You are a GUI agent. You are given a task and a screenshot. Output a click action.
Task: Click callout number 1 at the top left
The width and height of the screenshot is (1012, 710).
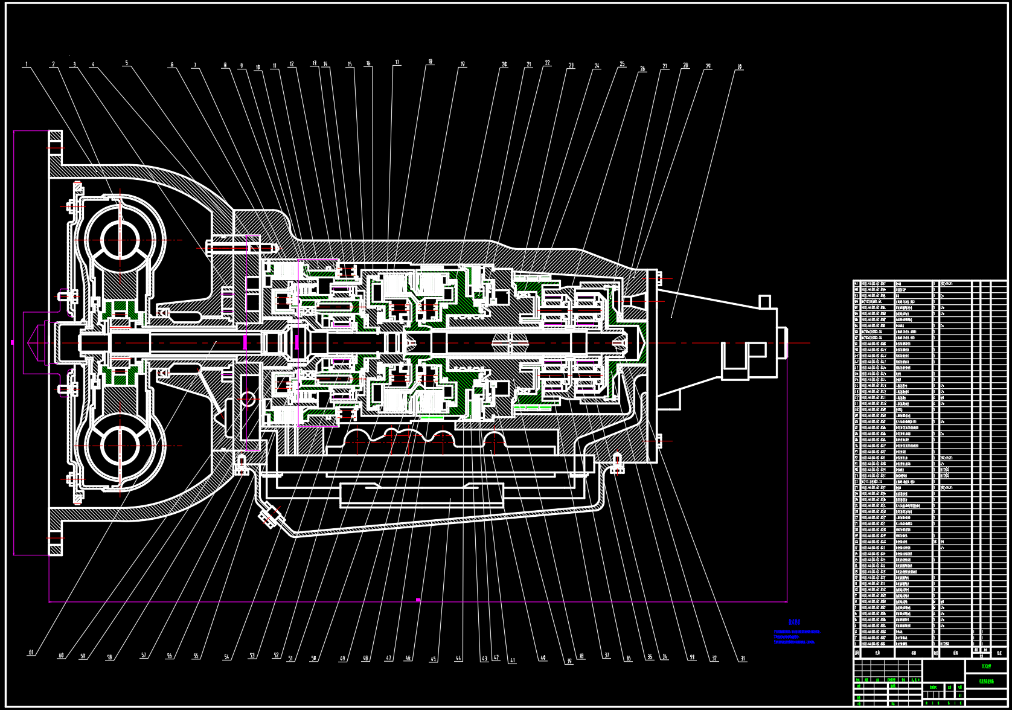tap(26, 64)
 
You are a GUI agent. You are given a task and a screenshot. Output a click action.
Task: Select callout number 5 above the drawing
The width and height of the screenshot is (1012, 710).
tap(126, 63)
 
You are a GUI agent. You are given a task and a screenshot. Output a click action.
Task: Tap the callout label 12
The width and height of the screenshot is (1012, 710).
tap(292, 64)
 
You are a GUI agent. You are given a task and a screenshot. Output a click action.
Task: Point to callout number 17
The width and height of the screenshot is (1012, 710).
tap(397, 62)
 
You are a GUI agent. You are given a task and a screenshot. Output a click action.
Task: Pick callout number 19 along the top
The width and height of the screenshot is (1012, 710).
tap(463, 64)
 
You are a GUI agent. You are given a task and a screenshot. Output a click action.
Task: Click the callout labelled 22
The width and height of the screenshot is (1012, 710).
tap(547, 63)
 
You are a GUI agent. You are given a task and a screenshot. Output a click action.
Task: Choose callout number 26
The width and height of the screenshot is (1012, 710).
tap(642, 69)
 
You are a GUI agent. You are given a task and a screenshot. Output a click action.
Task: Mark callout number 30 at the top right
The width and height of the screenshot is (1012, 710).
tap(739, 67)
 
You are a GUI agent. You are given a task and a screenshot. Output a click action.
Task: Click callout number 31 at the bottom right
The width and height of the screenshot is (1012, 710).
tap(743, 659)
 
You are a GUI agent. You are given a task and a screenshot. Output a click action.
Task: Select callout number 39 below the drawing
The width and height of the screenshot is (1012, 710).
tap(569, 662)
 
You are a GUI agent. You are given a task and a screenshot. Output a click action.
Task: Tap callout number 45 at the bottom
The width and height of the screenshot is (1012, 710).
tap(433, 659)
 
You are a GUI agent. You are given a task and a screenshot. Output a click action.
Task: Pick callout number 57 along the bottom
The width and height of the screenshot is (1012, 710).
tap(144, 655)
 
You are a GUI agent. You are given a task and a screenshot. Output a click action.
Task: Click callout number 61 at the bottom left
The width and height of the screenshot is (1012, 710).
tap(31, 653)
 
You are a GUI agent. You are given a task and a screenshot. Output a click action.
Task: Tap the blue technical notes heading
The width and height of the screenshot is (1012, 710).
tap(795, 621)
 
